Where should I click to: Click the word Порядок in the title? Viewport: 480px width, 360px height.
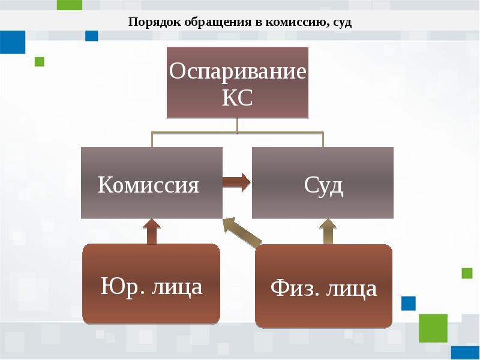pos(151,23)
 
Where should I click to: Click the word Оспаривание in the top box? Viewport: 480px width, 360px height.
pos(238,72)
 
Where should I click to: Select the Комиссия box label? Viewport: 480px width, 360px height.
pos(148,184)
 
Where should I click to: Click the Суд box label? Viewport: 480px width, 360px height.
pos(323,185)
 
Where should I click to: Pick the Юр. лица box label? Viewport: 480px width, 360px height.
pos(151,286)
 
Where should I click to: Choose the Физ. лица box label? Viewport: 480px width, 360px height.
pos(323,289)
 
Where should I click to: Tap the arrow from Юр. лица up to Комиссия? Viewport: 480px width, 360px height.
pos(151,231)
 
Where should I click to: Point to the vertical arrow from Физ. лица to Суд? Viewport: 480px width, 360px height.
pos(328,231)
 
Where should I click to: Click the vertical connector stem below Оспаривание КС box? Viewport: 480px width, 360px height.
pos(238,125)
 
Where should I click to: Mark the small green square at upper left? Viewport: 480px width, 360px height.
pos(40,61)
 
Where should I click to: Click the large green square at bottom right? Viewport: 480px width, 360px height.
pos(433,328)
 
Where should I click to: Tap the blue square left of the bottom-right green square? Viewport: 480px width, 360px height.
pos(408,303)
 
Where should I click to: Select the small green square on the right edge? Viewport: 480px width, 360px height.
pos(467,274)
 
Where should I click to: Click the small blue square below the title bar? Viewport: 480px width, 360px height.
pos(91,35)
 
